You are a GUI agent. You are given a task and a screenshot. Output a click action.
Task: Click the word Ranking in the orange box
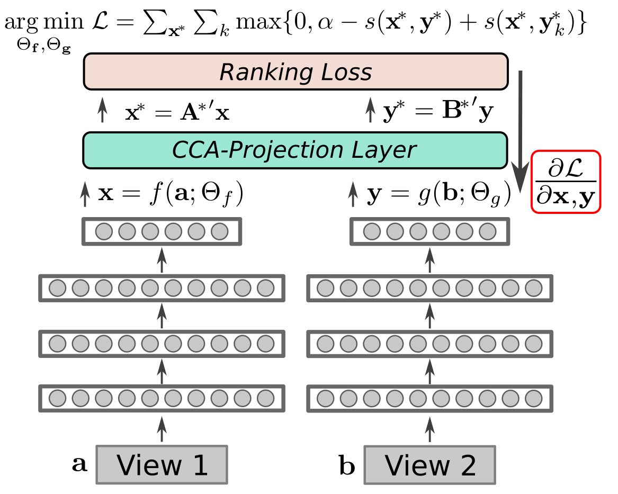(x=259, y=73)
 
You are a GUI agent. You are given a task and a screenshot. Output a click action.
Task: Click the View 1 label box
(x=162, y=465)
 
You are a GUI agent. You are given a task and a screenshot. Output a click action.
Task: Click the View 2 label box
(x=429, y=465)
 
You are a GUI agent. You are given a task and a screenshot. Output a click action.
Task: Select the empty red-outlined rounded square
(x=566, y=182)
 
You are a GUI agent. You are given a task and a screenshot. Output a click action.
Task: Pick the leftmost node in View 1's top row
(x=104, y=231)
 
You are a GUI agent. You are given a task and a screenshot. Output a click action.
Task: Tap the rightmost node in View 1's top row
(x=219, y=231)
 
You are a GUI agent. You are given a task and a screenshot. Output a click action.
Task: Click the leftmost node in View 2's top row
(x=372, y=231)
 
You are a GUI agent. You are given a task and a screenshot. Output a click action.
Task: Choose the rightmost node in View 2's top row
(x=487, y=231)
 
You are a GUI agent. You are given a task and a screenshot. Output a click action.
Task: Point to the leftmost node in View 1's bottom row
(x=57, y=398)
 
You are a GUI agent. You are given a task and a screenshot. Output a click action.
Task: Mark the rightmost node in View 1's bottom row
(x=265, y=398)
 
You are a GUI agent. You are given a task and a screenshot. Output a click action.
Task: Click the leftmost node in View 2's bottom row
(x=325, y=398)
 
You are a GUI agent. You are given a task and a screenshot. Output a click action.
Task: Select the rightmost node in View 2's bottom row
(x=533, y=398)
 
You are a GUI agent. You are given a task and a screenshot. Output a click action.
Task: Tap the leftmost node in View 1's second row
(x=57, y=288)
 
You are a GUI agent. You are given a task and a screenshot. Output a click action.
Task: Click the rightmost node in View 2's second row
(x=533, y=288)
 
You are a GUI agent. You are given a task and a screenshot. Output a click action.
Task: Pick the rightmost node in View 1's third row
(x=265, y=344)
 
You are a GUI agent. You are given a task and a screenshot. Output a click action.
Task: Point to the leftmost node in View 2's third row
(x=325, y=344)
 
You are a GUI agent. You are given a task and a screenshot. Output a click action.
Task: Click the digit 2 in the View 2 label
(x=468, y=466)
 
